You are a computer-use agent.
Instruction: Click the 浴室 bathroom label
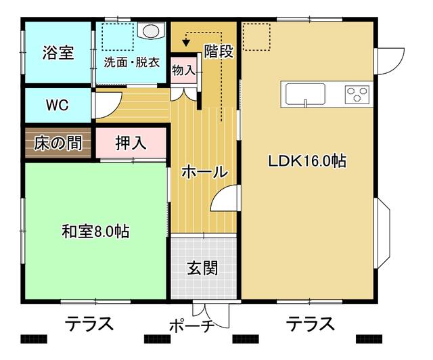point(58,53)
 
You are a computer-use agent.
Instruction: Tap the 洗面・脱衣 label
point(132,62)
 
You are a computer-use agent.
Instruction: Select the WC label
point(57,105)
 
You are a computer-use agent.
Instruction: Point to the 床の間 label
point(58,143)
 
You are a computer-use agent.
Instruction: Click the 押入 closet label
point(131,143)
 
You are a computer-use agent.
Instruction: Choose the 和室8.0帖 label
point(95,231)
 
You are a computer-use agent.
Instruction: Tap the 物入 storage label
point(183,70)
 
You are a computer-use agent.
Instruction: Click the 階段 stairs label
point(219,51)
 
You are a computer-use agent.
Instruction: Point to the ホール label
point(204,172)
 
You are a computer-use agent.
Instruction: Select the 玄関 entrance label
point(202,268)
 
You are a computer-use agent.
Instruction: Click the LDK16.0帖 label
point(307,161)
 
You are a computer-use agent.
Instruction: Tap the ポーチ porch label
point(191,326)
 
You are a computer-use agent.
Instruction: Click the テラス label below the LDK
point(310,323)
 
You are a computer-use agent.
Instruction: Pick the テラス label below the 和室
point(89,323)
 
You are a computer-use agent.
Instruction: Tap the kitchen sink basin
point(305,94)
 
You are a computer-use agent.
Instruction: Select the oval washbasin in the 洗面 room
point(151,30)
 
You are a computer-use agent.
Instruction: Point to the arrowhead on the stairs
point(187,43)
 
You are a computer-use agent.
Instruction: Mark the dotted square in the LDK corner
point(256,37)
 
